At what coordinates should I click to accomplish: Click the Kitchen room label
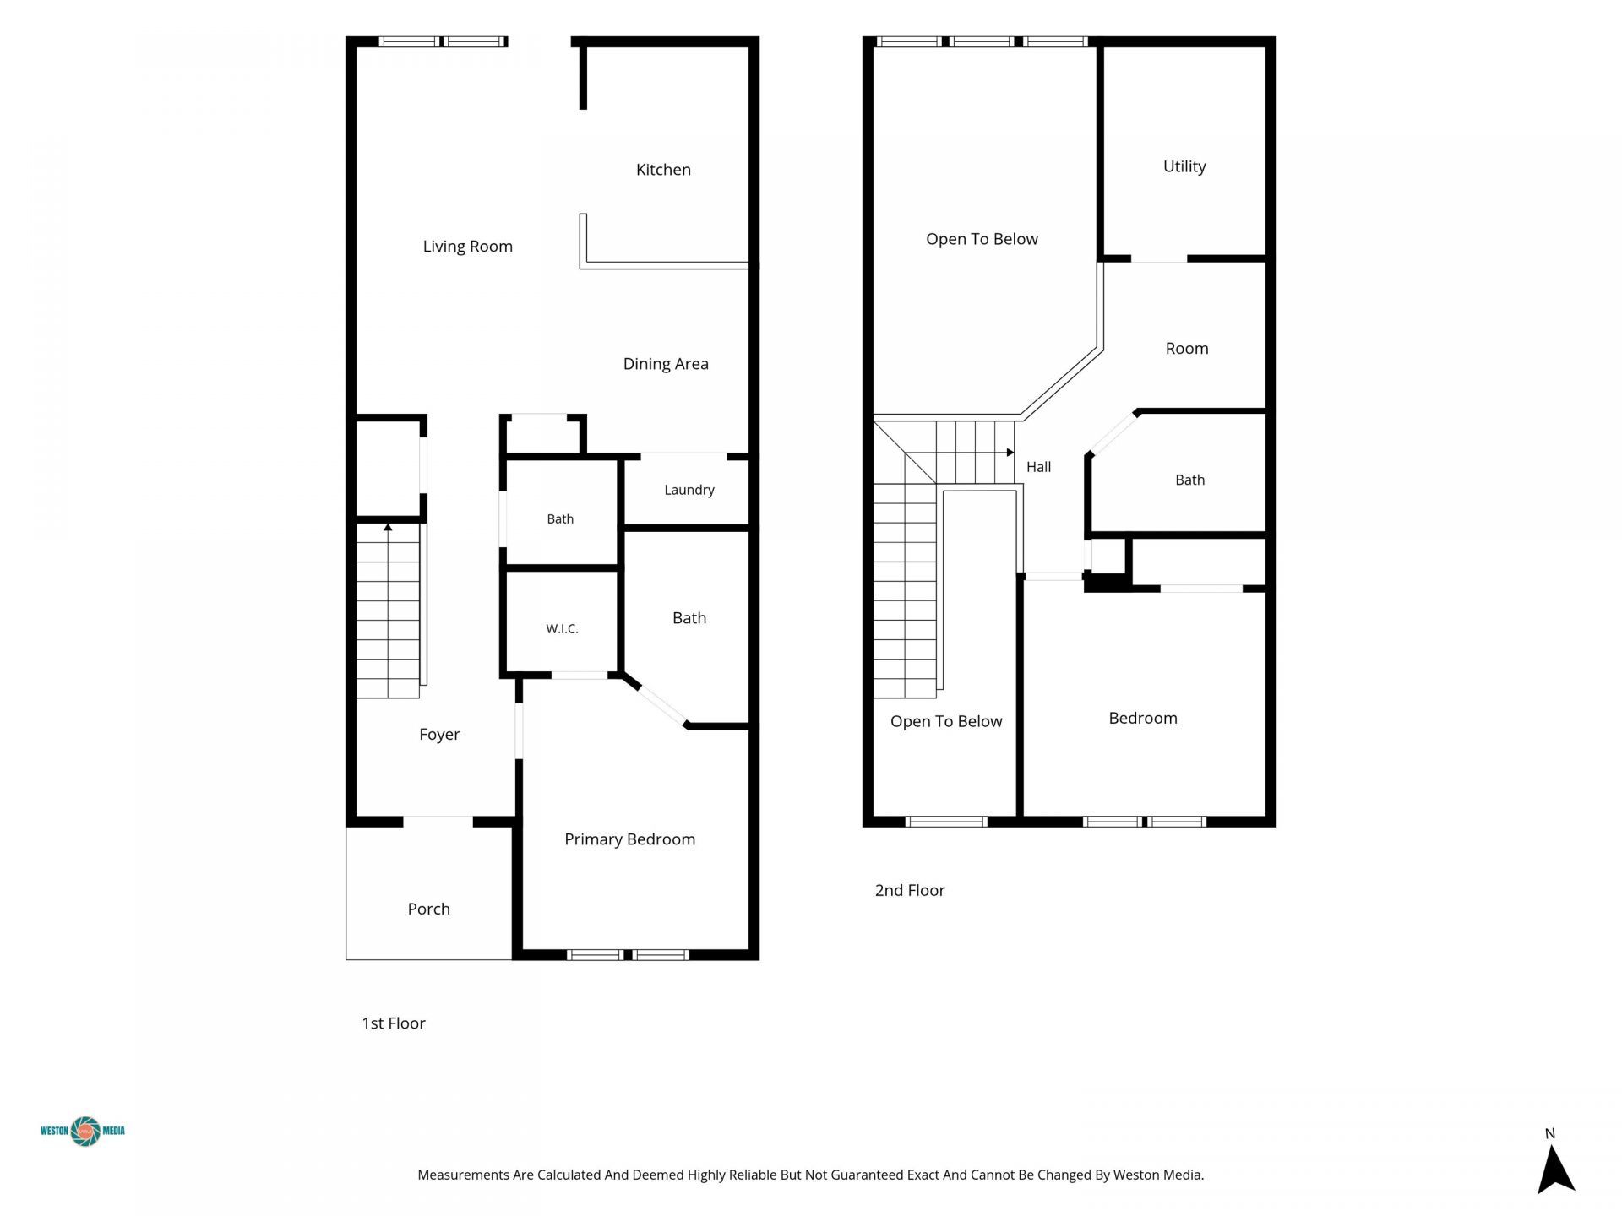[663, 170]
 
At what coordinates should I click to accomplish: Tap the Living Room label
[467, 247]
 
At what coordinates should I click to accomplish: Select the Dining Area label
[666, 364]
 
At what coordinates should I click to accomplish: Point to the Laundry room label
[689, 490]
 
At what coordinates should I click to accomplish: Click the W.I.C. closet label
[562, 628]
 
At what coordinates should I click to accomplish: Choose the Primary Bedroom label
[629, 839]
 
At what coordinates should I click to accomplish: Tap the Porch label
[428, 909]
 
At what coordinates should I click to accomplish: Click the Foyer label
[439, 735]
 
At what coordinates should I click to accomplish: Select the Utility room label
[1184, 167]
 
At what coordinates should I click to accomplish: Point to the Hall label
[1038, 467]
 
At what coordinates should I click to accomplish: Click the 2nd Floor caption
[910, 890]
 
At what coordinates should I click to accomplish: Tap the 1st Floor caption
[394, 1023]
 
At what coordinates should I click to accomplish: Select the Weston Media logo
[83, 1131]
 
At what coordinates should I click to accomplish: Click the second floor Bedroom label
[1143, 719]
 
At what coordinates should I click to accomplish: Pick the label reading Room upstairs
[1187, 349]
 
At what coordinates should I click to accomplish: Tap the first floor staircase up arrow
[388, 527]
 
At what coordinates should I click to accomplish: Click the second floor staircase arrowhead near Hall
[1010, 453]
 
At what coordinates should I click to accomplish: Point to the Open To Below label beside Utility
[982, 239]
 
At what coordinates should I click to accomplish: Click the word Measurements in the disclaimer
[464, 1175]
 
